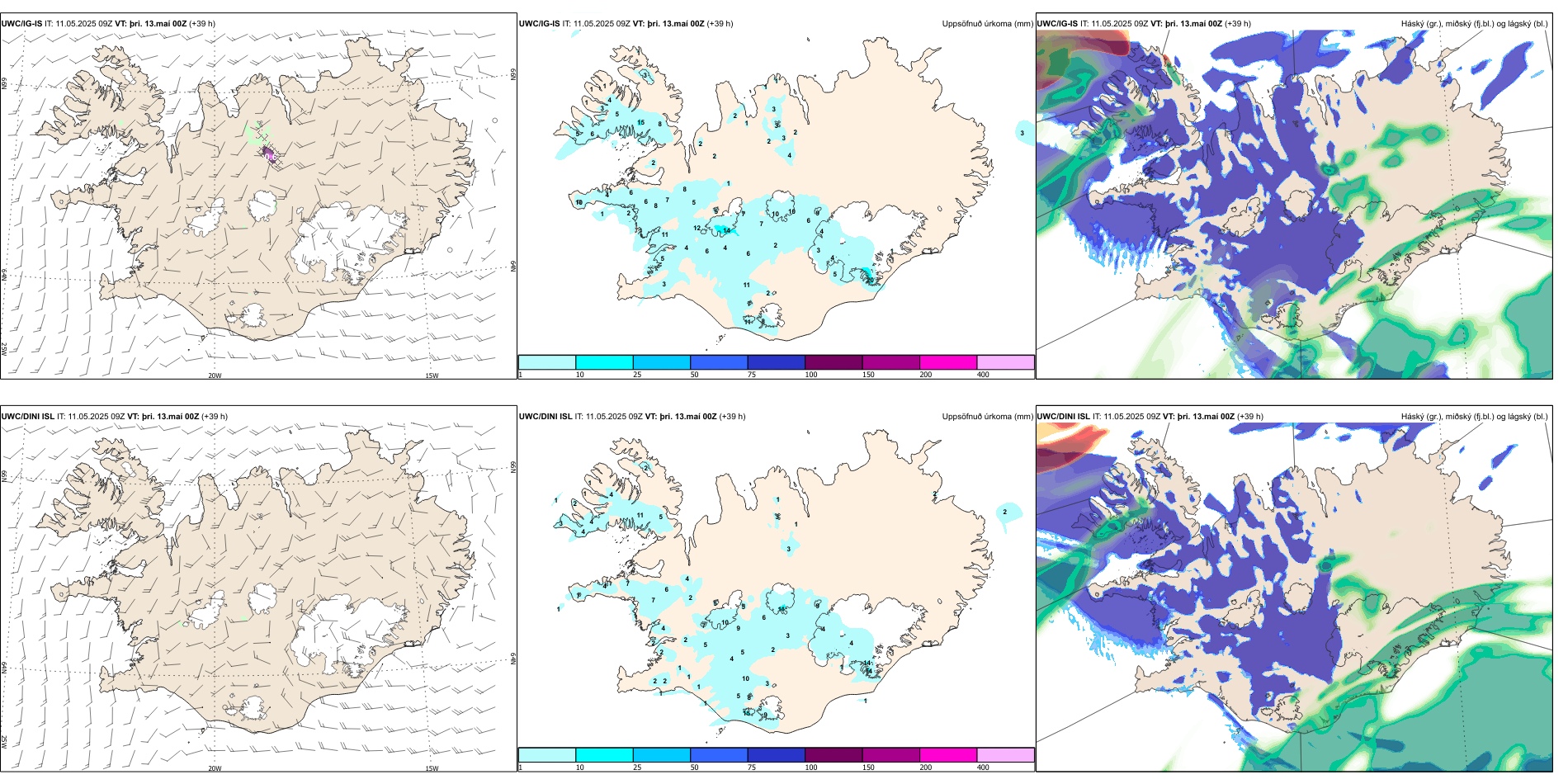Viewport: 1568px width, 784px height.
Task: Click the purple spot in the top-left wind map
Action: click(x=270, y=154)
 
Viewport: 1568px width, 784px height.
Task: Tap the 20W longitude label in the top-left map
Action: click(x=215, y=375)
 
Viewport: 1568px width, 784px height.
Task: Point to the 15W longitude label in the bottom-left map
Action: click(x=432, y=768)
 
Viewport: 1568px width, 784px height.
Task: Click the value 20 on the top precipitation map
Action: click(x=870, y=280)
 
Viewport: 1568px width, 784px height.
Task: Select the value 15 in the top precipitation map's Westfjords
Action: click(x=641, y=123)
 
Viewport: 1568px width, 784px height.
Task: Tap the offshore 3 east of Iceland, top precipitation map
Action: click(x=1022, y=133)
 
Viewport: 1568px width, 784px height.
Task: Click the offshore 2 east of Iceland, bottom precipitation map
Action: click(x=1004, y=512)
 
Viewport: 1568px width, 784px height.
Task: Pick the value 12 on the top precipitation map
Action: click(x=697, y=229)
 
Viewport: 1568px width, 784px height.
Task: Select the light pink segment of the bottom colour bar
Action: click(x=1005, y=755)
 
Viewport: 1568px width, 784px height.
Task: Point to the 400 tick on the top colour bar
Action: click(x=983, y=375)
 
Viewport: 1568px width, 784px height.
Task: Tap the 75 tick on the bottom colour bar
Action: click(x=752, y=767)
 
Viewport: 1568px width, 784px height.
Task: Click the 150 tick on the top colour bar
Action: click(x=868, y=375)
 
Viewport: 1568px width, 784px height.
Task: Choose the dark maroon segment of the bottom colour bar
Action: click(x=834, y=755)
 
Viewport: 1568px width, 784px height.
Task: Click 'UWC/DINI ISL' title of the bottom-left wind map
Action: click(x=27, y=417)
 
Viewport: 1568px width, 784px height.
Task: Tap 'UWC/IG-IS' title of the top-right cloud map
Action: click(x=1057, y=24)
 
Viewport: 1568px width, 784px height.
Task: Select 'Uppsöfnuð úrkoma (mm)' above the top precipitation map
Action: click(x=987, y=24)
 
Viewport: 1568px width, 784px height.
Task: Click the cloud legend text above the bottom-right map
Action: click(x=1474, y=417)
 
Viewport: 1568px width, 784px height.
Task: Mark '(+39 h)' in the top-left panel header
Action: click(x=202, y=24)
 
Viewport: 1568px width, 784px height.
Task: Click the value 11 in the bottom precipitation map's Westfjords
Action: click(x=640, y=515)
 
